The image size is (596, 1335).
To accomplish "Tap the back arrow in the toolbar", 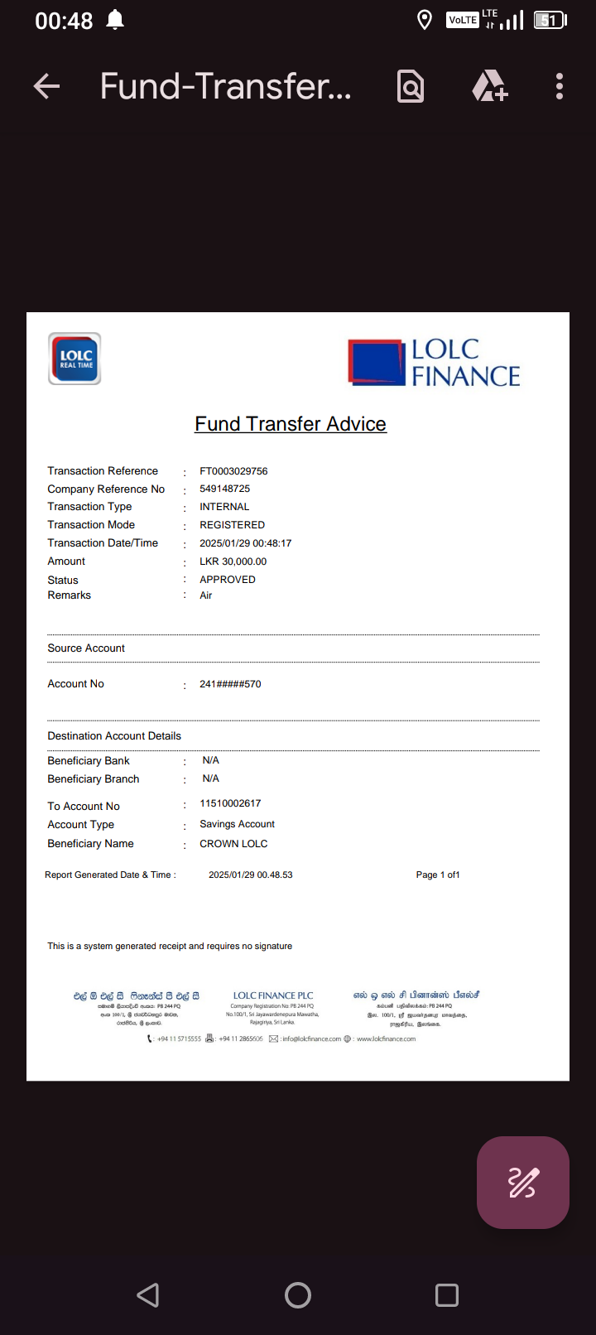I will point(47,86).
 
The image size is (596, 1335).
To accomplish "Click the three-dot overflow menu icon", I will point(560,86).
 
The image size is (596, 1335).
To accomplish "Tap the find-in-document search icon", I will point(411,86).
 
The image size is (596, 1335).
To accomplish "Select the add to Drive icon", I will point(489,86).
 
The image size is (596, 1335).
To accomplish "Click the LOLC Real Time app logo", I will point(75,359).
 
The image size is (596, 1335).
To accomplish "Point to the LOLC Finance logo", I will point(435,363).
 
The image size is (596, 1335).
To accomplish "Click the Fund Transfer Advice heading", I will point(291,424).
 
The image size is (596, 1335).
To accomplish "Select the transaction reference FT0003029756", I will point(233,471).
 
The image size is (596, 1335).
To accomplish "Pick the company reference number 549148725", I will point(224,489).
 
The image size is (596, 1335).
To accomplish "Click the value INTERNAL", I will point(224,507).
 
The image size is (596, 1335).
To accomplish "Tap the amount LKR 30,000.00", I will point(233,561).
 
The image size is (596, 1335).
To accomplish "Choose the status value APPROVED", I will point(228,580).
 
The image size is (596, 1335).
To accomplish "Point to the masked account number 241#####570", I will point(230,684).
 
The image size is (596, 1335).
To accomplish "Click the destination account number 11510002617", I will point(230,803).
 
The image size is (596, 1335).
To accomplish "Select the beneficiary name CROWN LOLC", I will point(233,844).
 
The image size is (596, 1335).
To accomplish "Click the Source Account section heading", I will point(86,648).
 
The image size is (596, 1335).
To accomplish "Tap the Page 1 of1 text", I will point(438,875).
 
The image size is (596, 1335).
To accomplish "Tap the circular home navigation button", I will point(298,1295).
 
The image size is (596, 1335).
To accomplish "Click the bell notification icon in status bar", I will point(115,20).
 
